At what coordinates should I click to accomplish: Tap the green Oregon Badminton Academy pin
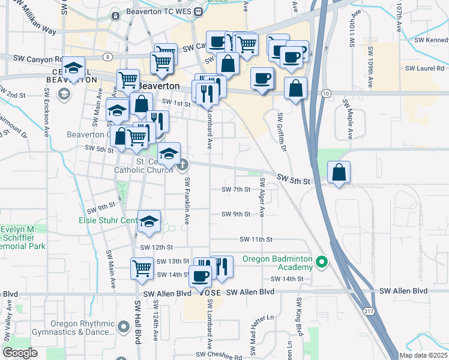point(322,262)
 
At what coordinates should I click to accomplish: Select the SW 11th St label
point(256,239)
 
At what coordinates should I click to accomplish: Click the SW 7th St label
point(235,189)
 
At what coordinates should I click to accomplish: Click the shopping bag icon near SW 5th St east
point(339,172)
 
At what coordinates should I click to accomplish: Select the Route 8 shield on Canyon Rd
point(107,56)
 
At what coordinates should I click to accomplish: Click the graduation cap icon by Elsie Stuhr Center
point(149,223)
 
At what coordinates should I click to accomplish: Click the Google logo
point(20,353)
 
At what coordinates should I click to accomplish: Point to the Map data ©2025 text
point(424,355)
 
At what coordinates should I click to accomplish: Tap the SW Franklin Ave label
point(187,201)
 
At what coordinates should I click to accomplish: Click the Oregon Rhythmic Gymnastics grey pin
point(124,327)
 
